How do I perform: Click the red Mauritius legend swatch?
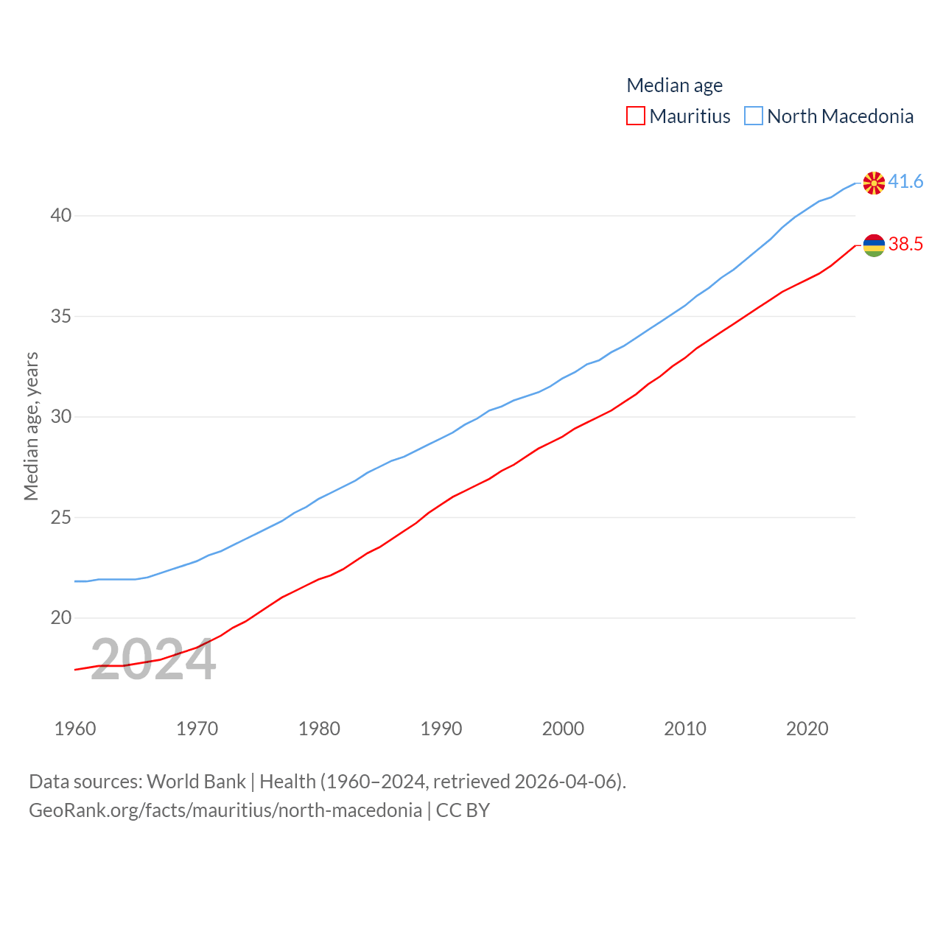click(x=635, y=116)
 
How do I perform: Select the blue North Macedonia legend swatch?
click(x=753, y=116)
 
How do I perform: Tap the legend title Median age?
click(x=674, y=85)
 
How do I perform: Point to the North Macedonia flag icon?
click(x=874, y=183)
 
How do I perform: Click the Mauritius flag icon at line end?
click(x=874, y=245)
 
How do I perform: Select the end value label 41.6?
click(x=905, y=181)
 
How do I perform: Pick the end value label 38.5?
click(x=905, y=244)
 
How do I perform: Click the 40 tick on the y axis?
click(x=61, y=215)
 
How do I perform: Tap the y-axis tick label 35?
click(x=61, y=316)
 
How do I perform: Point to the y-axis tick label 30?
click(x=61, y=416)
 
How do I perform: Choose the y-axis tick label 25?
click(x=61, y=517)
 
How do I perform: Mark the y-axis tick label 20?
click(x=61, y=617)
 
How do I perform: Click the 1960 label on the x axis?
click(x=75, y=729)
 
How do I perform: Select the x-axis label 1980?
click(x=319, y=729)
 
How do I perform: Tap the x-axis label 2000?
click(x=563, y=729)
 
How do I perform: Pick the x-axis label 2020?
click(x=807, y=729)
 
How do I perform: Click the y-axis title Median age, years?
click(x=31, y=426)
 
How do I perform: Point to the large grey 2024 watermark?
click(x=153, y=660)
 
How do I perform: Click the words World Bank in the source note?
click(x=196, y=781)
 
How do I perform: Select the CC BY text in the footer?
click(x=463, y=810)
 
